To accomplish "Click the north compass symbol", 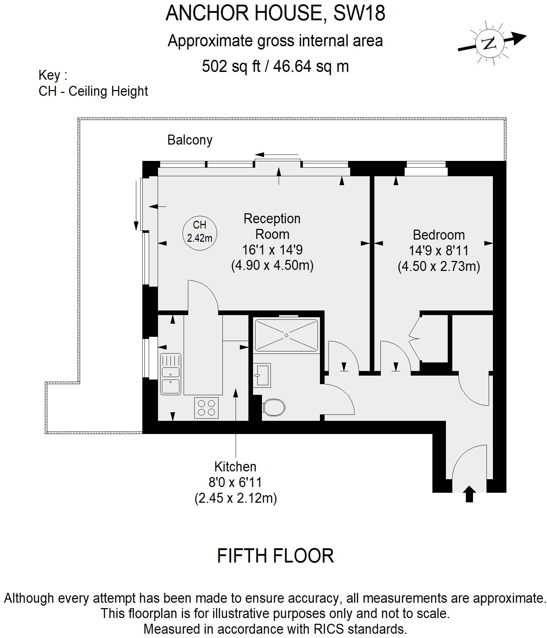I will (x=490, y=43).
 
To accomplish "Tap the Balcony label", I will (x=190, y=140).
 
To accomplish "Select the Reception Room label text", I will (x=272, y=226).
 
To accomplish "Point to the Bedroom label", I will (x=438, y=235).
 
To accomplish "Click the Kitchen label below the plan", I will (x=235, y=466).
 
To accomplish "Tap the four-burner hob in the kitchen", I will (x=206, y=408).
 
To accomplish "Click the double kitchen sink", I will (x=170, y=374).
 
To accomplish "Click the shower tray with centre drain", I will (x=286, y=335).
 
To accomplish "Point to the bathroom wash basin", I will (x=262, y=375).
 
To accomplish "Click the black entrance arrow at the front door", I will (x=469, y=494).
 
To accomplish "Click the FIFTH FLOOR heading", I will (x=275, y=556).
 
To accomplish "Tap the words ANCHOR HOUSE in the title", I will (x=243, y=13).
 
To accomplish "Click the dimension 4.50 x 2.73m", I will (x=438, y=266).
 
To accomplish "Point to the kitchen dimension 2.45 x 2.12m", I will (x=236, y=498).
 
